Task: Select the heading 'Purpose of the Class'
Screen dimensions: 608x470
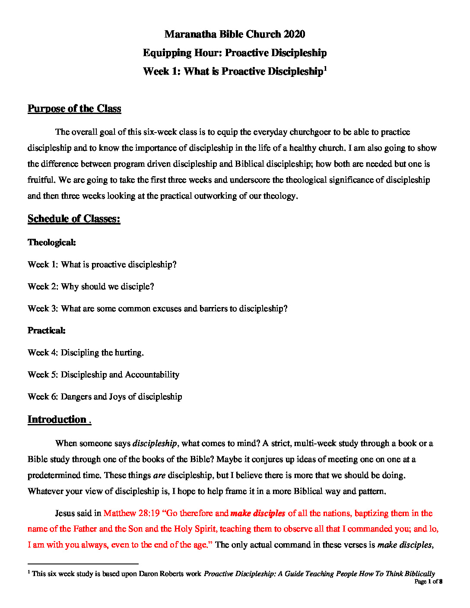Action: [x=74, y=108]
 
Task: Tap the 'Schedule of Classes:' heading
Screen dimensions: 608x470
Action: [x=74, y=218]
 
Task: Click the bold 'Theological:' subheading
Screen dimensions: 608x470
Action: [x=52, y=242]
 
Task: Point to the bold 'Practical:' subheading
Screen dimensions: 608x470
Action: [x=47, y=330]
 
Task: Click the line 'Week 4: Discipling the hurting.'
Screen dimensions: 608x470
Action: [x=86, y=353]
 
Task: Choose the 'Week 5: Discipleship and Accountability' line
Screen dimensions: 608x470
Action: [x=103, y=375]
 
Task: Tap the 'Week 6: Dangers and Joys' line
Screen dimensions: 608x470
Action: [x=105, y=397]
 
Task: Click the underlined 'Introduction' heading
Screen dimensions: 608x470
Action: [x=57, y=419]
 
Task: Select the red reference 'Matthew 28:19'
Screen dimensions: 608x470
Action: [x=131, y=513]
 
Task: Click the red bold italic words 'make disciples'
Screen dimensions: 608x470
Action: [x=258, y=513]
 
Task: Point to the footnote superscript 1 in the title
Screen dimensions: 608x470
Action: [x=325, y=68]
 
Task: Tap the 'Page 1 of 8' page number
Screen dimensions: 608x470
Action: [x=428, y=582]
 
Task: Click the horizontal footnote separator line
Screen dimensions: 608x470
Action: [x=83, y=564]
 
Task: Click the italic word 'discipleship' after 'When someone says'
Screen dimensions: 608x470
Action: [x=155, y=443]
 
